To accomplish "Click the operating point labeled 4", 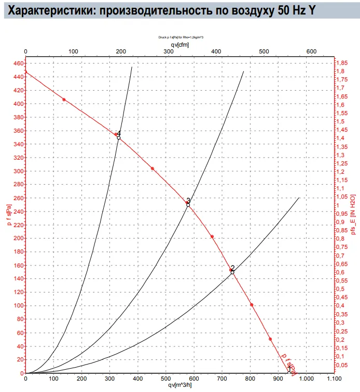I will pos(119,137).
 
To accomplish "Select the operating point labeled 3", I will pos(188,205).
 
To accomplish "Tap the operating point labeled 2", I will pos(232,272).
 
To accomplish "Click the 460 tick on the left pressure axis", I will pos(19,63).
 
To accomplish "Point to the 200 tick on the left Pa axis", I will pos(19,239).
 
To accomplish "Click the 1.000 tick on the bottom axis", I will pos(305,379).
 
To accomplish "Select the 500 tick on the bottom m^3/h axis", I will pos(165,379).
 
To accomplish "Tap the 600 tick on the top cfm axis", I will pos(311,51).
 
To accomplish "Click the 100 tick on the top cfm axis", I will pos(73,51).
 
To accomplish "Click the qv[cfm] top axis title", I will pos(179,45).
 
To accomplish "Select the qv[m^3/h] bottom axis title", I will pos(180,386).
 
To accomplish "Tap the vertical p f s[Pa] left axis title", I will pos(8,217).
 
